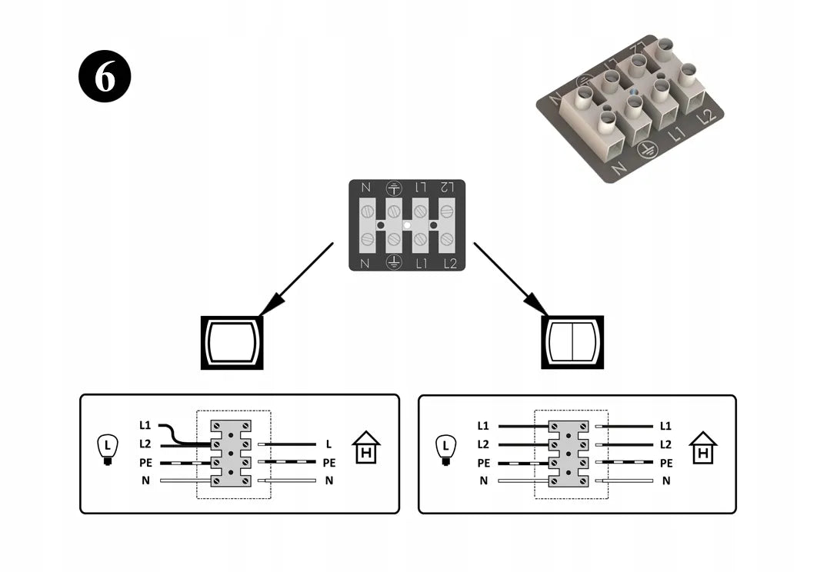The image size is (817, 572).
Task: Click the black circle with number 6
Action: point(105,76)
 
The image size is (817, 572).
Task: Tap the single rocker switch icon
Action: point(232,343)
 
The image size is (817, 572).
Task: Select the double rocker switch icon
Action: point(572,342)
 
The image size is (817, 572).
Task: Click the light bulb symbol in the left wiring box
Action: point(108,449)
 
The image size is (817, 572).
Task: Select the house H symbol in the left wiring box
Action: point(366,447)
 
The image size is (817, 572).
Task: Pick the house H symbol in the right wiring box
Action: point(703,447)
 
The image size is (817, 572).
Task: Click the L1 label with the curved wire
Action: point(145,425)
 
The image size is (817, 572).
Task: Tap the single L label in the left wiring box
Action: point(328,444)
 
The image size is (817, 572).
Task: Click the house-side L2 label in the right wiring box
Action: point(665,444)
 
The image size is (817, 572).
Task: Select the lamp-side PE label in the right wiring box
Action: point(484,463)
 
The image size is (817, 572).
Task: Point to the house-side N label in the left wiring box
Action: point(328,481)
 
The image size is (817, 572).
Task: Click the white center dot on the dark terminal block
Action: point(407,225)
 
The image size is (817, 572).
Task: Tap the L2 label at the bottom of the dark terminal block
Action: point(450,264)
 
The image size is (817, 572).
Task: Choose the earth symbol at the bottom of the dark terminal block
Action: point(394,262)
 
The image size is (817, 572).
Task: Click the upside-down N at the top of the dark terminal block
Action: point(365,187)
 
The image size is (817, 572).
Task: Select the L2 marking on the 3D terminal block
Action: point(706,117)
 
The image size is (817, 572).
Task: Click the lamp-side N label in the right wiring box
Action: point(484,481)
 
